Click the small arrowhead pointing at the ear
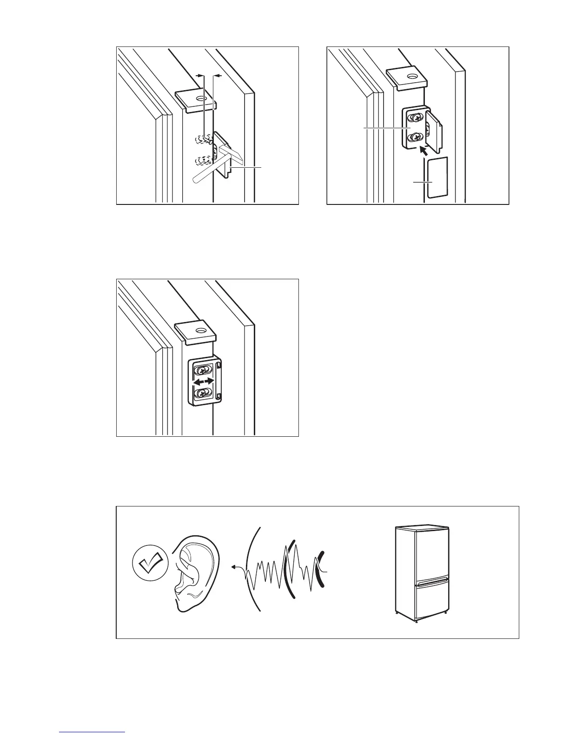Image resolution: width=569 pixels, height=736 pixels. click(234, 567)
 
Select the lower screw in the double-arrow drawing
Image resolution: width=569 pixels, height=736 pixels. click(201, 394)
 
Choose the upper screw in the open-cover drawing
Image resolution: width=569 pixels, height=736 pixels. click(415, 118)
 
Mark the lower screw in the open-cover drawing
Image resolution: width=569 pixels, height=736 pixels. click(415, 137)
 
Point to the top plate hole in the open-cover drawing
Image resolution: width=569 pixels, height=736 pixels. click(411, 75)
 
